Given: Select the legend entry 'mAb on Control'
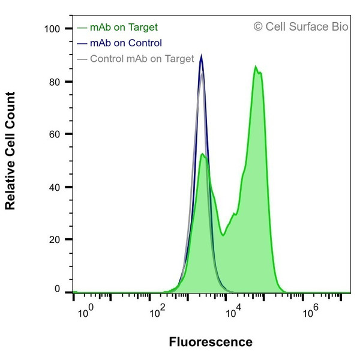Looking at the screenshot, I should (125, 43).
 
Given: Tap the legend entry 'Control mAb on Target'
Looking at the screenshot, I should (141, 58).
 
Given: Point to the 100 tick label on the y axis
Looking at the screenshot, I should (54, 29).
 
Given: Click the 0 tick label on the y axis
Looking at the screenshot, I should (58, 289).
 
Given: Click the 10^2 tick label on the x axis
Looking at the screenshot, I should (158, 312).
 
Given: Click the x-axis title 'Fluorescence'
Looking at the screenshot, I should (211, 343).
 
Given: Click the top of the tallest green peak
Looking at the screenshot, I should (256, 66).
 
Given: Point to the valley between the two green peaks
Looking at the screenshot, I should (223, 235).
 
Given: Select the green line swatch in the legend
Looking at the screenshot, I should (82, 27).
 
